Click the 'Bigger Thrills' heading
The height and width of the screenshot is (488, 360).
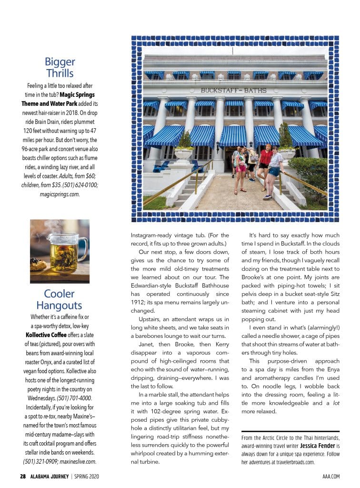click(x=60, y=67)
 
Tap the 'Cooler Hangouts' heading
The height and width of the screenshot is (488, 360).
click(x=60, y=299)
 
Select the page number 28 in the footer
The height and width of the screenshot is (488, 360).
click(x=22, y=476)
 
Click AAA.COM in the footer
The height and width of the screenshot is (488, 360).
click(x=330, y=476)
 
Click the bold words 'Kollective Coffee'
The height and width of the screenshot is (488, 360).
click(x=46, y=335)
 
